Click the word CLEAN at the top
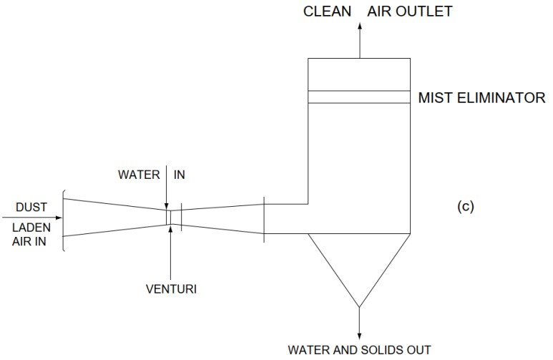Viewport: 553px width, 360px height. coord(328,11)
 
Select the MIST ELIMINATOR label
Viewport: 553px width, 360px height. coord(481,98)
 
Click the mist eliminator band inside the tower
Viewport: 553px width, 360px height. coord(358,97)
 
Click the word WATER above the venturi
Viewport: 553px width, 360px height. coord(140,175)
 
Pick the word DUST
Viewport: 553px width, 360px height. coord(31,208)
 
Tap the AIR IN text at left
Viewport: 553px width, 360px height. coord(31,241)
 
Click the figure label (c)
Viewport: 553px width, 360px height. coord(465,208)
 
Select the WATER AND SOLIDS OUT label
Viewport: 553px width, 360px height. coord(359,350)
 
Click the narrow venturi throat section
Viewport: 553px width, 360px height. coord(169,216)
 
